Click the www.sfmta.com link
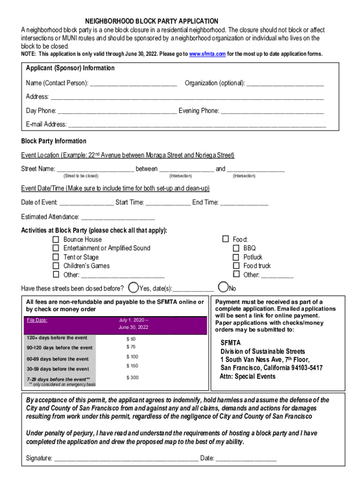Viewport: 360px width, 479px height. pos(208,54)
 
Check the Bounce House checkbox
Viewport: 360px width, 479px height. pos(56,239)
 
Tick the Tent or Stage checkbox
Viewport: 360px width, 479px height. pos(56,257)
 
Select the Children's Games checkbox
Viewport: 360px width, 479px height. pos(56,266)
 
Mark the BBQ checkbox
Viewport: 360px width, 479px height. pos(236,248)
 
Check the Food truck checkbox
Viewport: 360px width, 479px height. pos(236,266)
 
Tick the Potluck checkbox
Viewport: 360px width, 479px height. pos(236,257)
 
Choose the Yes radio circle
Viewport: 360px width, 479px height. pos(133,287)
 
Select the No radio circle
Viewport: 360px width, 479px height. pos(223,287)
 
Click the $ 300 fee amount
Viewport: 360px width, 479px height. pos(132,377)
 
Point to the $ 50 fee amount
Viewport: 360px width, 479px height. pos(131,339)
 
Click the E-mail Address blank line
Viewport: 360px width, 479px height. pos(197,125)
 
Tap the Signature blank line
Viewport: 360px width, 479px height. pos(126,459)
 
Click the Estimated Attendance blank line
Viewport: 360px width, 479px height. pos(118,218)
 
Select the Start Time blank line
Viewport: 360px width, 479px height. pos(168,203)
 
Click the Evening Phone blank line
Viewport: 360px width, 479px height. pos(272,111)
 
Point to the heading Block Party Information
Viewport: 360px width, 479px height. pos(54,141)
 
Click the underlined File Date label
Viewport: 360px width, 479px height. pos(38,320)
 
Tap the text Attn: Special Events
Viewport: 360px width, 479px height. pos(248,376)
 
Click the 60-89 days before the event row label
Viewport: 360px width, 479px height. pos(58,359)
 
